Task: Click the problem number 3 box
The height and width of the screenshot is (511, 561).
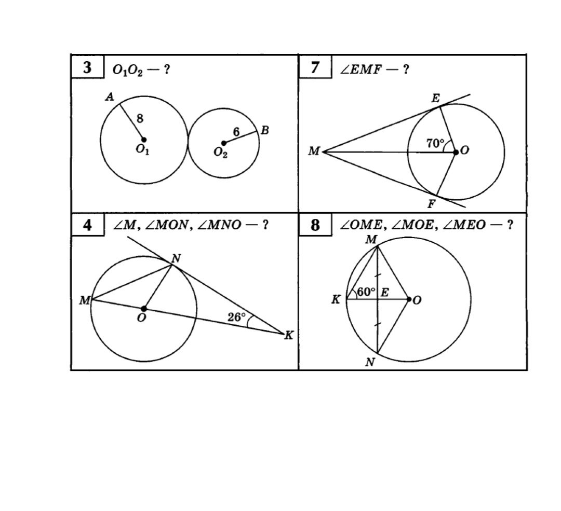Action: click(88, 66)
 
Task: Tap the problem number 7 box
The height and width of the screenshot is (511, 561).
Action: click(315, 66)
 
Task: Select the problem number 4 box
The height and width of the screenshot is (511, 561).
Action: click(88, 225)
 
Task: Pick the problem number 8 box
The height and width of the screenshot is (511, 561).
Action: click(315, 225)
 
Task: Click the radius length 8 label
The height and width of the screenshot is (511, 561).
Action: click(140, 118)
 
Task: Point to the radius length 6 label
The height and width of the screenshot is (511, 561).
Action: click(236, 132)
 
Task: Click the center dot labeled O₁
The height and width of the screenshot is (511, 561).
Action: click(144, 140)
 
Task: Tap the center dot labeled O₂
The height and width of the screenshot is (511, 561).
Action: click(223, 143)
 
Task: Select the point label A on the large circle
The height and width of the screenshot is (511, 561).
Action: click(110, 96)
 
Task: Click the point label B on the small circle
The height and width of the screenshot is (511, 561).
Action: click(265, 130)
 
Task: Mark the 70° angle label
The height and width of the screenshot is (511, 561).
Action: click(435, 143)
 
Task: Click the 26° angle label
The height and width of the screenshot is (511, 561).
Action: click(236, 316)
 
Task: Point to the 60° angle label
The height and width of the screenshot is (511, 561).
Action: click(366, 292)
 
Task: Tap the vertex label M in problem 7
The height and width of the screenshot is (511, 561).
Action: click(314, 151)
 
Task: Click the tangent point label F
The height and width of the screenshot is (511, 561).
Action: click(432, 204)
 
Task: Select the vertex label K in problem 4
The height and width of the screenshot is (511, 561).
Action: click(289, 335)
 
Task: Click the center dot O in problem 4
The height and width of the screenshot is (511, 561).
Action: click(144, 308)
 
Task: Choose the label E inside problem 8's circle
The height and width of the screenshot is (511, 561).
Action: click(384, 293)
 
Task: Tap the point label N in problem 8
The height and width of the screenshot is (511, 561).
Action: click(370, 362)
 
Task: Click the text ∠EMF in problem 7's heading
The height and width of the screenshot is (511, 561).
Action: click(362, 69)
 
